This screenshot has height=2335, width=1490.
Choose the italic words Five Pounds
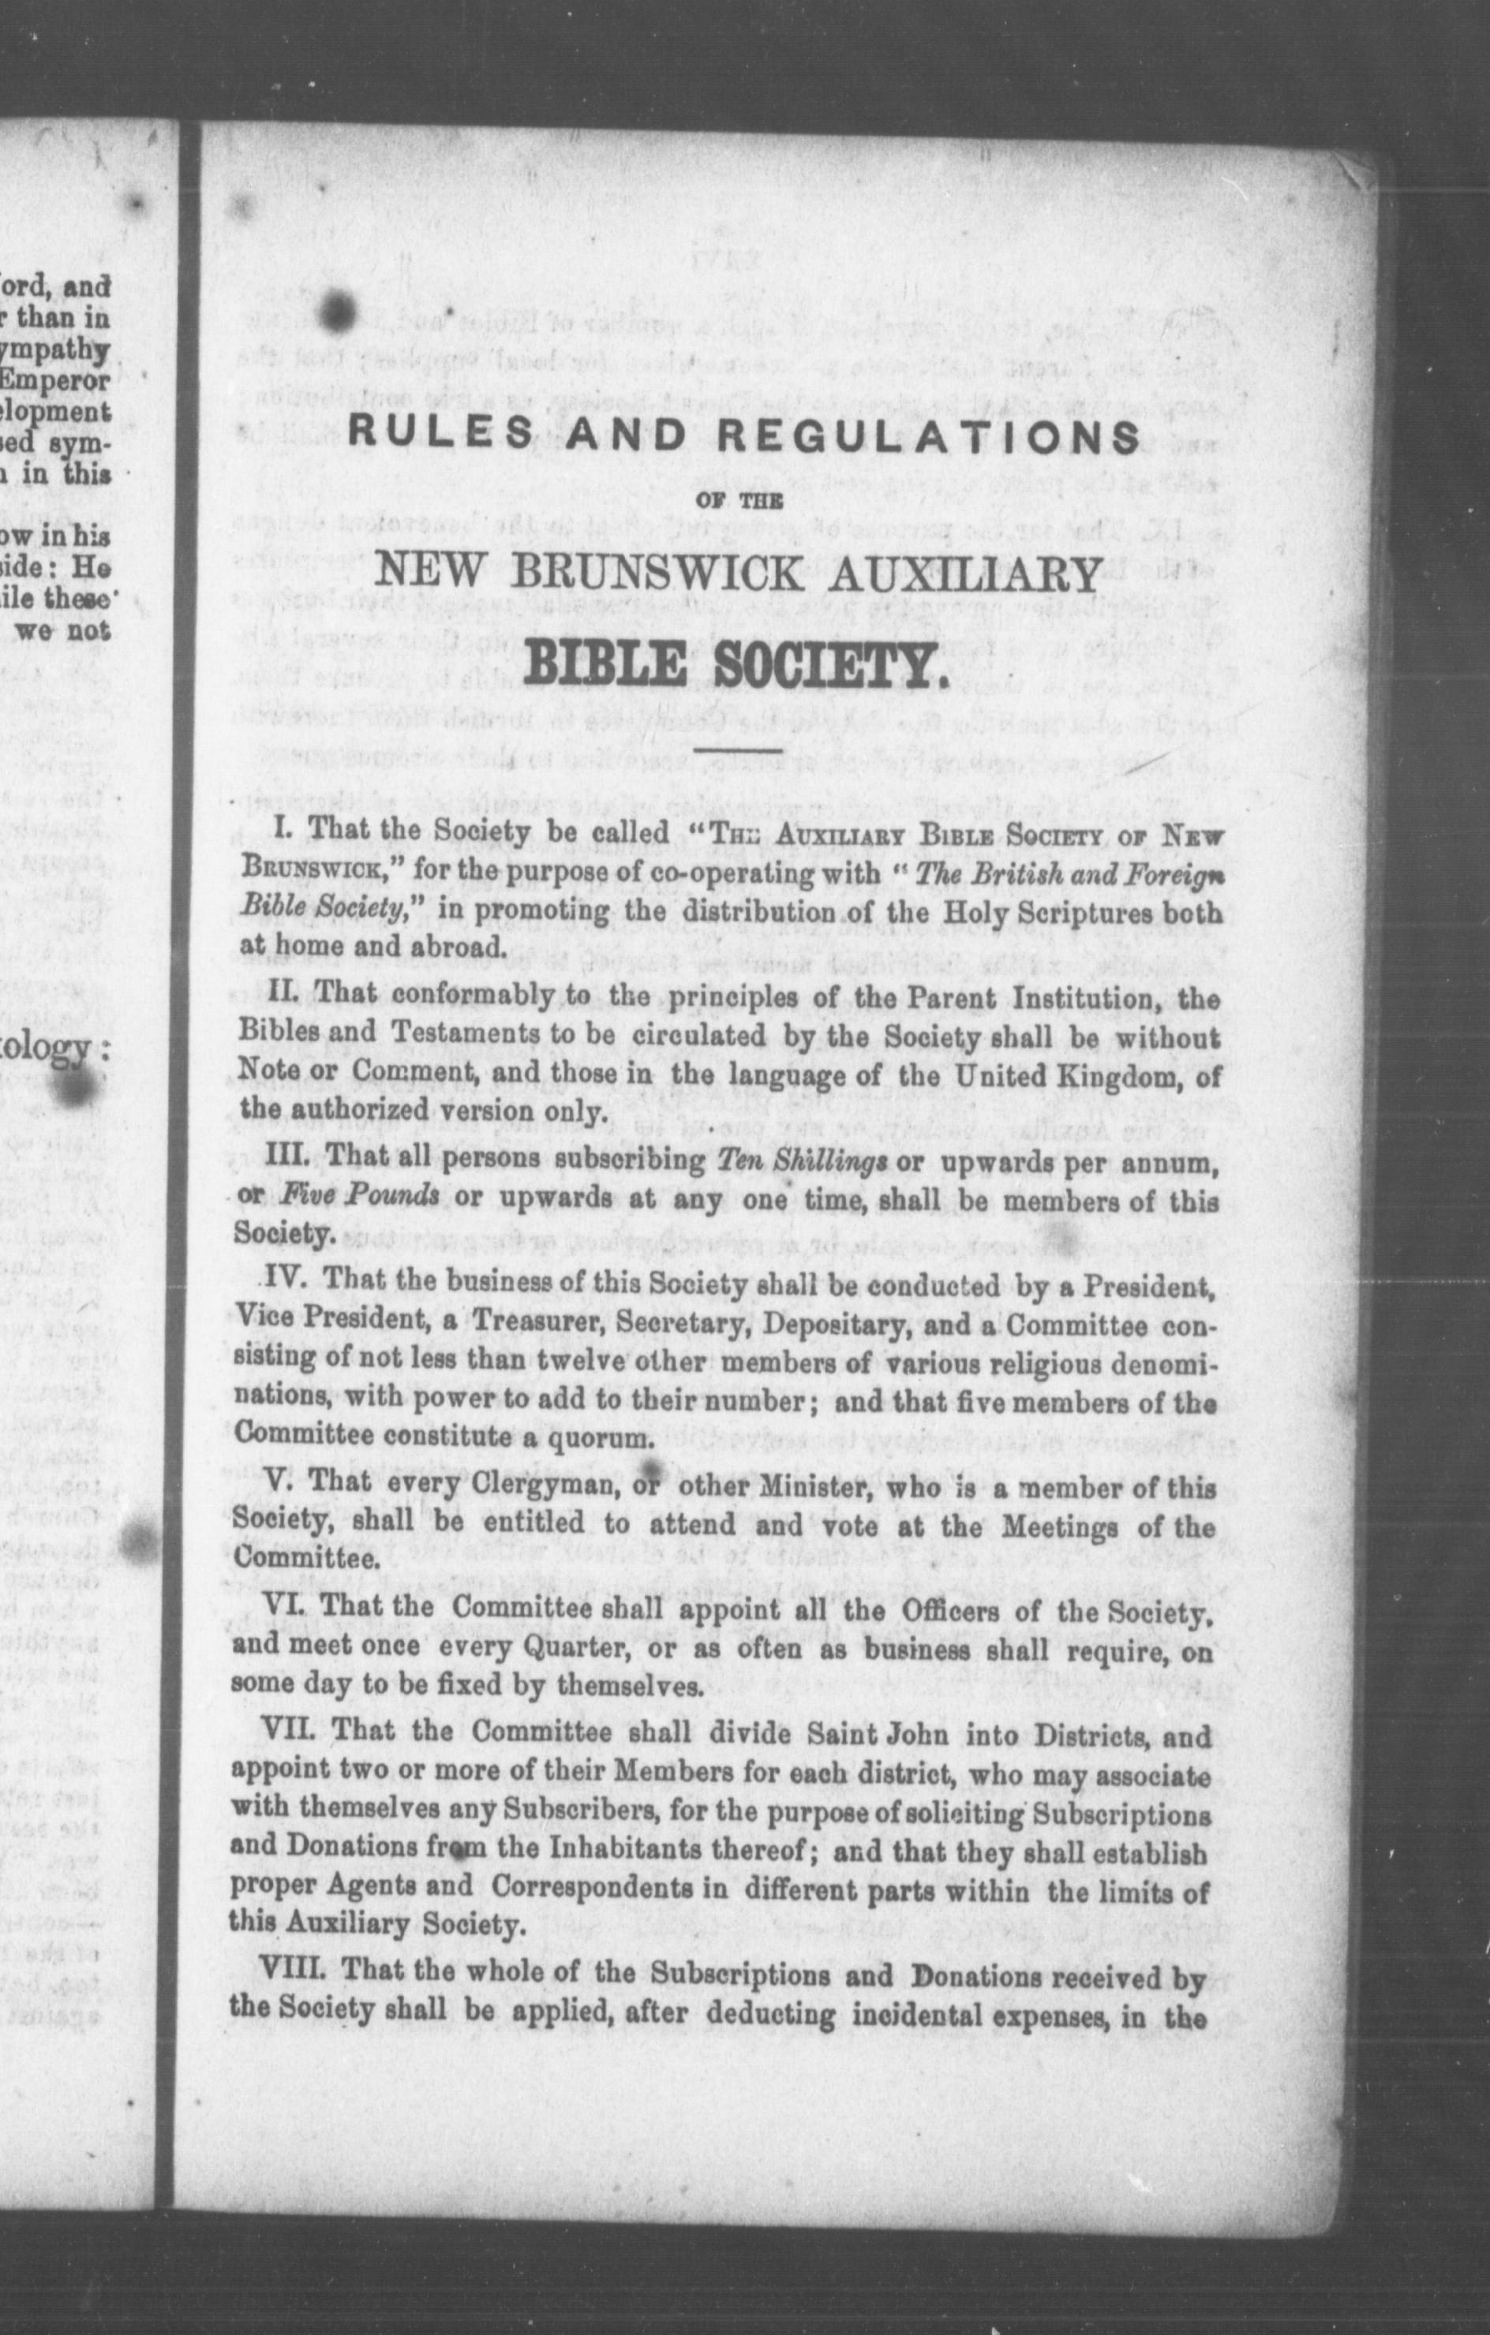tap(359, 1196)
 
